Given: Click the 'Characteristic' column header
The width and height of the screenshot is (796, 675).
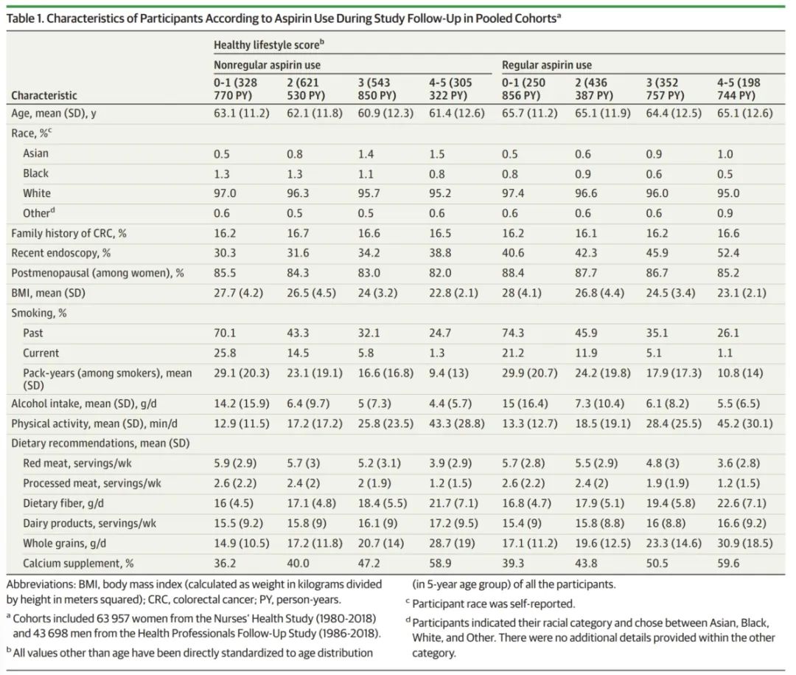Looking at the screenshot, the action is tap(44, 96).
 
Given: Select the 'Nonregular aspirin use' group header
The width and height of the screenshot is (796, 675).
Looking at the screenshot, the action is tap(267, 65).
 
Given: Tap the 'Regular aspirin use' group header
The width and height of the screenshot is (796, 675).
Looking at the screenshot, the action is tap(547, 65).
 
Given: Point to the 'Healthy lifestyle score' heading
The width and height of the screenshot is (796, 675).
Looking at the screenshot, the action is tap(268, 45).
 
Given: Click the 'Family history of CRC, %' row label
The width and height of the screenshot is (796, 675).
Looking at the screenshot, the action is tap(69, 233).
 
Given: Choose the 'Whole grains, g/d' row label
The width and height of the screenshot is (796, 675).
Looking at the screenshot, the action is tap(64, 544).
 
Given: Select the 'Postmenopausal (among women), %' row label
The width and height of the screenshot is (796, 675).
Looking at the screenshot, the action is tap(97, 273).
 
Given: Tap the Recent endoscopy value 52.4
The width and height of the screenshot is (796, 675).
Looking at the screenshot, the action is tap(728, 253).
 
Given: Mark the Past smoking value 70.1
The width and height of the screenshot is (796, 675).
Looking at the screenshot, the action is tap(225, 333).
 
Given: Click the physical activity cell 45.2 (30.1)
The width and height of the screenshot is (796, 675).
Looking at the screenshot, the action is tap(744, 424).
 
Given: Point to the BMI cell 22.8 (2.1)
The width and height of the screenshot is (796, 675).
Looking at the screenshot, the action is tap(453, 294).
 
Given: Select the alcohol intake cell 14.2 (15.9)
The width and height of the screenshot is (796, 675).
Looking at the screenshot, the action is tap(241, 404).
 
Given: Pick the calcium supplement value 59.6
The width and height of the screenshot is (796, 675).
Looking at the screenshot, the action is tap(728, 564).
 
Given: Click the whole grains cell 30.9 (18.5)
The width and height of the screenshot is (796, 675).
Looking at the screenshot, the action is tap(744, 544).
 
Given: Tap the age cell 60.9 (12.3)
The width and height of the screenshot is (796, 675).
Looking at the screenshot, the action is tap(385, 114).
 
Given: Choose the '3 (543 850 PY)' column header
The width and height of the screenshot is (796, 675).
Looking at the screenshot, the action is tap(377, 89).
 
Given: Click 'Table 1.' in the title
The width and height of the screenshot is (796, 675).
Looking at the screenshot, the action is tap(24, 18).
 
